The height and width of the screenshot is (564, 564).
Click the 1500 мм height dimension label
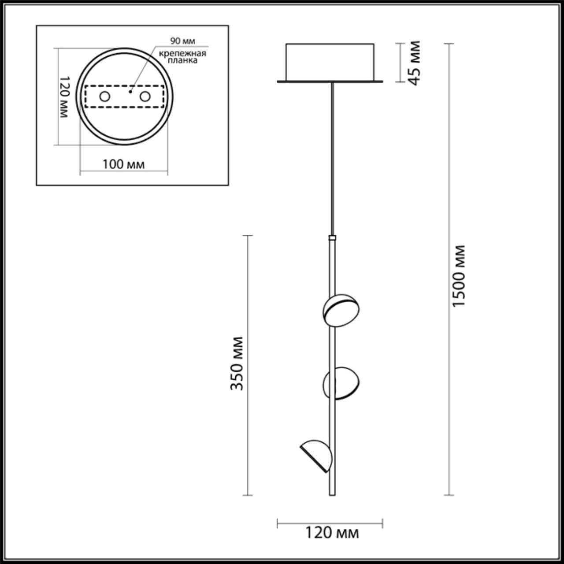tap(459, 276)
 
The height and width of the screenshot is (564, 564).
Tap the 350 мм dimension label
tap(237, 364)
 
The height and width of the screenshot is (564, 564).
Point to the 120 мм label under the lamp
tap(332, 533)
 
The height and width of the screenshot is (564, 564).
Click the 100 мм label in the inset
tap(124, 164)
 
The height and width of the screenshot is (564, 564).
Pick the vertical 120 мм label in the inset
tap(63, 96)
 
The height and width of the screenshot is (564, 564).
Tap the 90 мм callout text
tap(182, 41)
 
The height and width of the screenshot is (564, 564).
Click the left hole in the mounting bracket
tap(104, 96)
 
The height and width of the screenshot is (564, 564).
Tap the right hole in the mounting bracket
tap(145, 96)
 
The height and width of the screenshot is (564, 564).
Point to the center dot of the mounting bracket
tap(130, 92)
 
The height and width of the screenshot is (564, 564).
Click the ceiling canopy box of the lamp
tap(330, 62)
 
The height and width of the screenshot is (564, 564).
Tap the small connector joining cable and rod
tap(332, 238)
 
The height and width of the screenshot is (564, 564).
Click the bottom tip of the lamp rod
tap(332, 494)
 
